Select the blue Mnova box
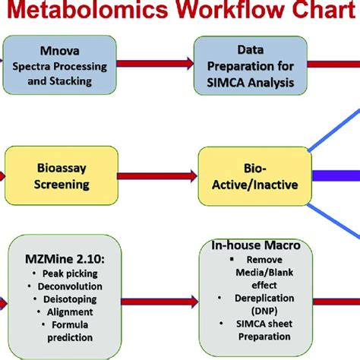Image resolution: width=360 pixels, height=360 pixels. point(62,65)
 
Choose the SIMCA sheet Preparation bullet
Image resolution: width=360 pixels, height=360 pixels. point(258,330)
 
